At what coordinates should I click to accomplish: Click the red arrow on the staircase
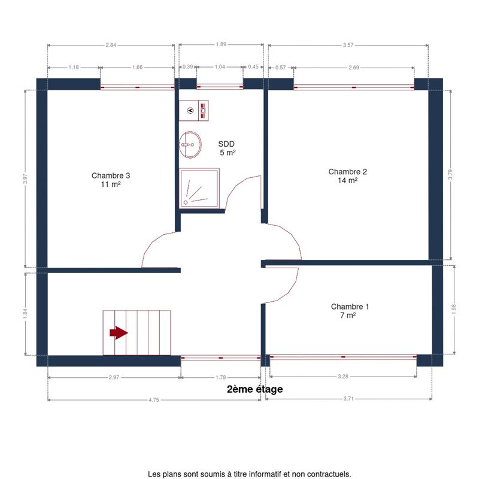119,333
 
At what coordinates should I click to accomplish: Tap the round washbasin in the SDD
190,144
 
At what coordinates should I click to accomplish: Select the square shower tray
199,188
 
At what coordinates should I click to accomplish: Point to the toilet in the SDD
193,110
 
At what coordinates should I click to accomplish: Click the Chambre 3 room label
111,175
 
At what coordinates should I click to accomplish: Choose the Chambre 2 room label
348,172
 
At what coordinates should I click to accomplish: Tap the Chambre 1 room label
350,307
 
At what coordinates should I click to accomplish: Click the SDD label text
226,144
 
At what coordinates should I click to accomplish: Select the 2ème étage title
255,389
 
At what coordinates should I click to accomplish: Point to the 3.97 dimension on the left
25,178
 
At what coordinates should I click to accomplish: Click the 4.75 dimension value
154,400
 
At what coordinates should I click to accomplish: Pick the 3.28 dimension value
342,377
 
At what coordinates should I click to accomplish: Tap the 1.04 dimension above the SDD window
220,66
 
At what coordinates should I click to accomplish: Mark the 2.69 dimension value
354,68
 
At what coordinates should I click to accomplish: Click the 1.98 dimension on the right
454,309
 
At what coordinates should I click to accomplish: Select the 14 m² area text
348,180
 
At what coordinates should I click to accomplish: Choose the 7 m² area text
348,315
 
